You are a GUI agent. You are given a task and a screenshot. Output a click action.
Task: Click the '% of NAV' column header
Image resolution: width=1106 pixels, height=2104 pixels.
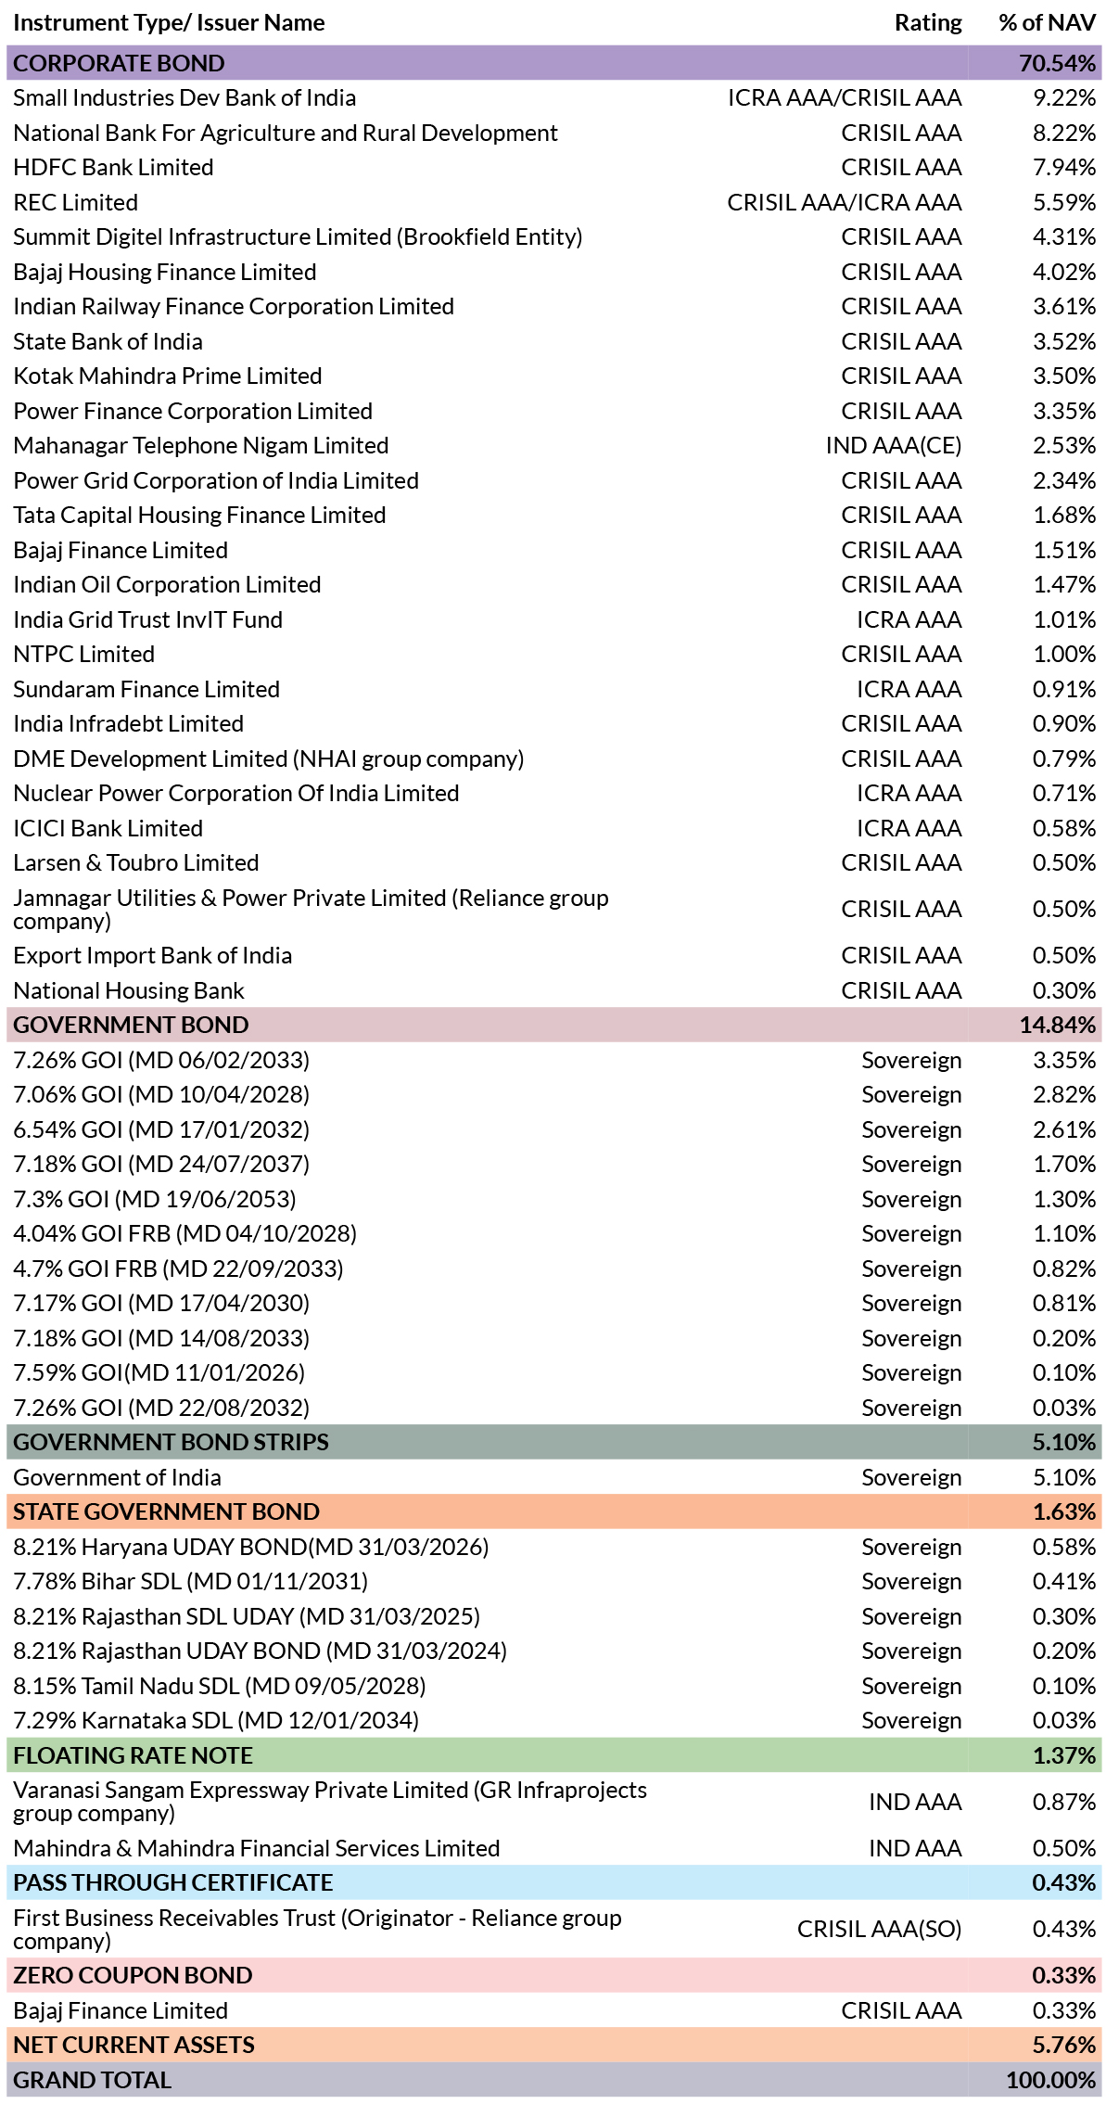click(1047, 23)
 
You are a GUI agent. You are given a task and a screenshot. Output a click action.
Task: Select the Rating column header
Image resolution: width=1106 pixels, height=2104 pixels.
click(928, 23)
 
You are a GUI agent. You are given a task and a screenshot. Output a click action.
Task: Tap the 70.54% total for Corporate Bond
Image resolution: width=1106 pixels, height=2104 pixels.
click(1057, 63)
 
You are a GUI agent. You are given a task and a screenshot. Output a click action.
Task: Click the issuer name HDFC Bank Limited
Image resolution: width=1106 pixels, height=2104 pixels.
click(113, 168)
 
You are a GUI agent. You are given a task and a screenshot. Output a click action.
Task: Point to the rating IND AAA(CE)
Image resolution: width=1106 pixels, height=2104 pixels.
click(894, 446)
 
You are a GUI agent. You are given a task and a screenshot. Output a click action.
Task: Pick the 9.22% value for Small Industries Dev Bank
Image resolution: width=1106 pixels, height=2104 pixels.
click(1064, 98)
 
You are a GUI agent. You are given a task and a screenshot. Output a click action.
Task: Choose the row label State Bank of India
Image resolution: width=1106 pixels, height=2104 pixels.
click(108, 341)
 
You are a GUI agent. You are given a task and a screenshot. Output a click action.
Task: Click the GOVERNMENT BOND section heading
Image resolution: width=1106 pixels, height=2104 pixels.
click(131, 1025)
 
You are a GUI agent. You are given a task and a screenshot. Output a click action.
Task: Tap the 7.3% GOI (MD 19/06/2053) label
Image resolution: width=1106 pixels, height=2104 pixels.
click(155, 1199)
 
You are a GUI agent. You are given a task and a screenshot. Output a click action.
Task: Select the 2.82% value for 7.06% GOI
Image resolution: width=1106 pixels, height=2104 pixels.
click(1064, 1095)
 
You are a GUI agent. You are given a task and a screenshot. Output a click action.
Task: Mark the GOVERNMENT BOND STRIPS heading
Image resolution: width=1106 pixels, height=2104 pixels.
click(171, 1442)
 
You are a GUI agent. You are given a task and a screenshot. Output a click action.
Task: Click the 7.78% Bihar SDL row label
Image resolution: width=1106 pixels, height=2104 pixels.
click(190, 1582)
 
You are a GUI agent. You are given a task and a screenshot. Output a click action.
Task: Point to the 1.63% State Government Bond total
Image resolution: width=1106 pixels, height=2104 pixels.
click(1064, 1511)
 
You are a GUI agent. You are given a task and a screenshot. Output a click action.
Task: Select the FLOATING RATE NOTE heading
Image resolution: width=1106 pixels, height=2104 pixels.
click(133, 1755)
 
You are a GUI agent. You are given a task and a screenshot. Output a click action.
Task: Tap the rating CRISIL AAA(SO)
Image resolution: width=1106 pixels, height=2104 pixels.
click(879, 1930)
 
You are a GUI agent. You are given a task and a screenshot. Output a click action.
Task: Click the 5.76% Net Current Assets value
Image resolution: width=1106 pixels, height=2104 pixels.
click(1064, 2045)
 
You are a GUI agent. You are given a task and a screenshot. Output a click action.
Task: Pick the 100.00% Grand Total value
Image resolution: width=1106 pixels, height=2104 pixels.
click(1050, 2080)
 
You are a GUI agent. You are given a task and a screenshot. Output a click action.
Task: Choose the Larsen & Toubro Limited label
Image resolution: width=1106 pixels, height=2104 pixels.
click(135, 863)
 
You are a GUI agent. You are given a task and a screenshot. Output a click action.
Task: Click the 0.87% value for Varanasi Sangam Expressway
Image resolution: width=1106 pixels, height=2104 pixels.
click(1064, 1802)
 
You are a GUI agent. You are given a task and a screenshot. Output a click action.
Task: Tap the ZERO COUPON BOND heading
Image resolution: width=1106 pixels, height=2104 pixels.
click(133, 1975)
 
